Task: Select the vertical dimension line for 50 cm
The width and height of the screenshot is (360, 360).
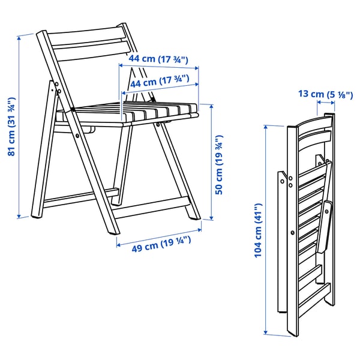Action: tap(211, 162)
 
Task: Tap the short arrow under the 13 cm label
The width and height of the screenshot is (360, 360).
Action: tap(326, 103)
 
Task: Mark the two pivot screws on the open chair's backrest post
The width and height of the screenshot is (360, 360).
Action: tap(59, 90)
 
